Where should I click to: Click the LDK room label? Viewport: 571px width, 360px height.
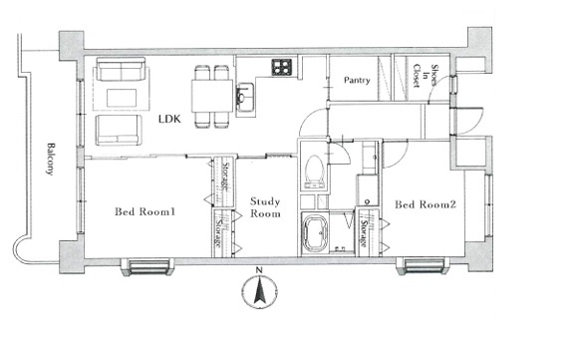point(169,119)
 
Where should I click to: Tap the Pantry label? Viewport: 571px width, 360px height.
point(357,80)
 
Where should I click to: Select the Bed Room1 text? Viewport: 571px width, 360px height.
point(144,211)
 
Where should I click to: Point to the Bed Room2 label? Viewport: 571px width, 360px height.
point(426,204)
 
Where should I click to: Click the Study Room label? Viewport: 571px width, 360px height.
point(265,207)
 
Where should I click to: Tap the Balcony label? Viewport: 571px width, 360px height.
point(51,159)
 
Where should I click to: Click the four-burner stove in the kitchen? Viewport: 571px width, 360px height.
point(282,67)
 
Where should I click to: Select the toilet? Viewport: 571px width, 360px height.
point(314,172)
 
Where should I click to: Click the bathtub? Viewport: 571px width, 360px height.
point(315,234)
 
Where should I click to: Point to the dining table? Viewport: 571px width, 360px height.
point(212,96)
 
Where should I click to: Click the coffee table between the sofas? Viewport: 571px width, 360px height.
point(122,98)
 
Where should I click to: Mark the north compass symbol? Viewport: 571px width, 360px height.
point(259,291)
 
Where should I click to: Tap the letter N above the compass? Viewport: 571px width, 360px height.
point(259,270)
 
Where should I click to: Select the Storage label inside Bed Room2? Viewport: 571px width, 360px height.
point(364,232)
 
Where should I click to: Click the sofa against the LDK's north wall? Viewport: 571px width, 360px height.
point(122,69)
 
